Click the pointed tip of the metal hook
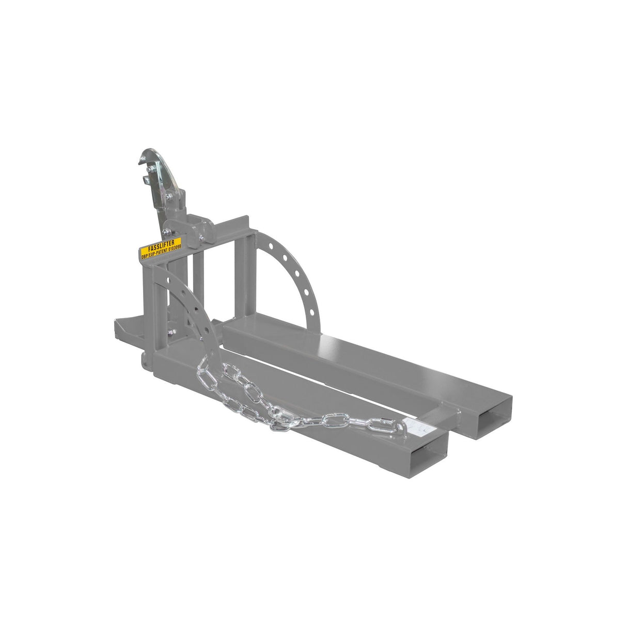click(139, 163)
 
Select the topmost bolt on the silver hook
click(149, 170)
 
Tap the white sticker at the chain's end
click(418, 427)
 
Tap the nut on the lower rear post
click(172, 332)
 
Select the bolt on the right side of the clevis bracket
click(201, 239)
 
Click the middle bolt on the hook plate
click(169, 196)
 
